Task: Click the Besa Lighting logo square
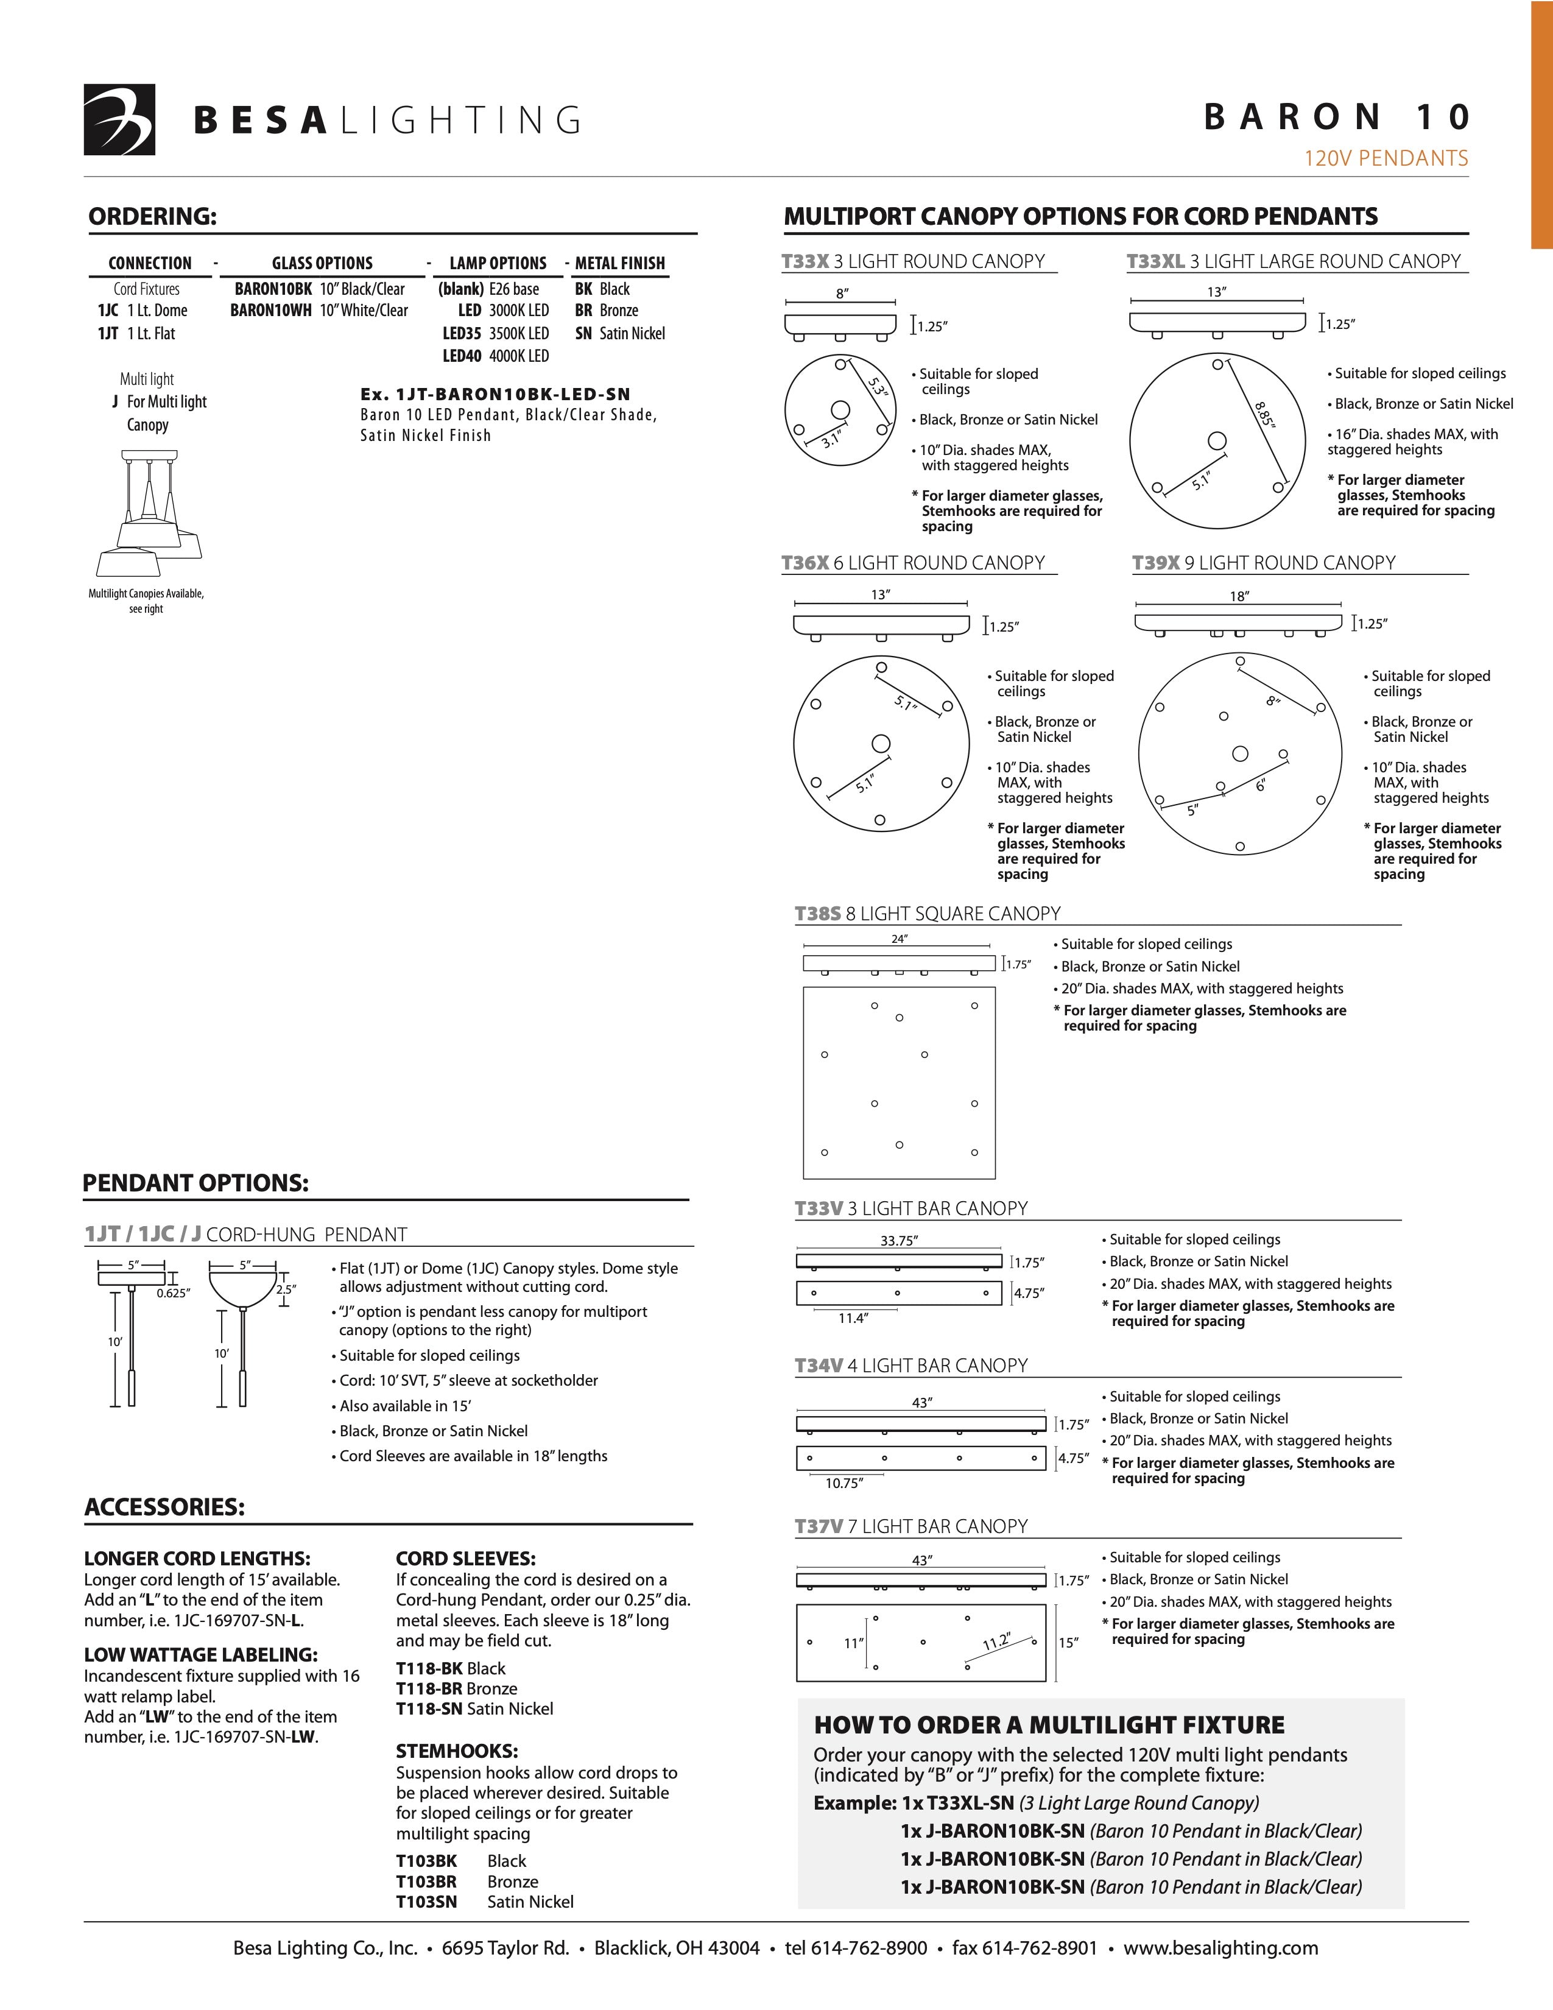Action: coord(119,119)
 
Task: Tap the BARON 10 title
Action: coord(1337,118)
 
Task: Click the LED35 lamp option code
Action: coord(462,334)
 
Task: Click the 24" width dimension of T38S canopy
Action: coord(899,939)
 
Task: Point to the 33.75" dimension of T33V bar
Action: coord(899,1241)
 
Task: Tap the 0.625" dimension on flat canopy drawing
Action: coord(173,1293)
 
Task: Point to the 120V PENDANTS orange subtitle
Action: coord(1386,159)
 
